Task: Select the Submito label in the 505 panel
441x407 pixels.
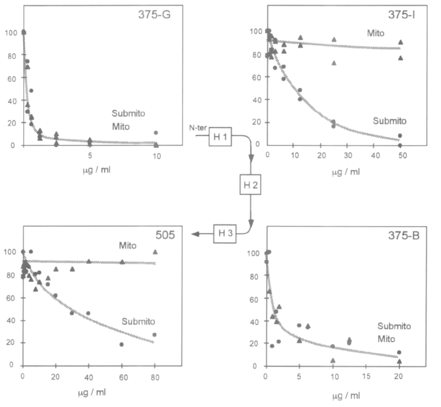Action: point(138,322)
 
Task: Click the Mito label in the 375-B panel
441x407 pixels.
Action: point(387,339)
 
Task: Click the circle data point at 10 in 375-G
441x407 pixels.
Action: point(156,133)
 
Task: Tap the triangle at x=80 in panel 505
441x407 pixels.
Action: point(155,252)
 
